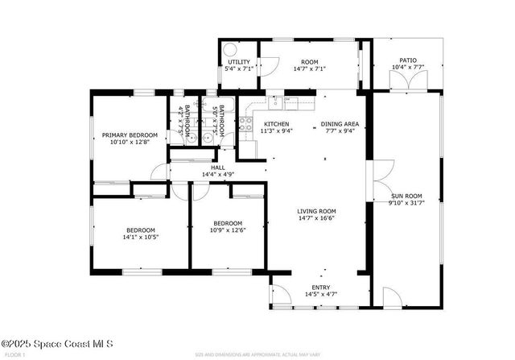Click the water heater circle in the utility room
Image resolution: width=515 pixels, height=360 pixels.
(x=227, y=48)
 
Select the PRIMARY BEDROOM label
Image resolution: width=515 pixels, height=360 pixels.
(x=130, y=134)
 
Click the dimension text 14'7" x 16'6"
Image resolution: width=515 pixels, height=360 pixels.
(x=315, y=217)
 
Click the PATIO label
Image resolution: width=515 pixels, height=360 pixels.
(x=409, y=60)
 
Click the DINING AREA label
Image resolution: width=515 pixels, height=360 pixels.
(x=340, y=123)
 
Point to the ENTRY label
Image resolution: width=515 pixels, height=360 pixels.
(x=321, y=287)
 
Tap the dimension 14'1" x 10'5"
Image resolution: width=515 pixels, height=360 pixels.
(x=140, y=237)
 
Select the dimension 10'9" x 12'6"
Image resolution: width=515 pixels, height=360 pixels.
(x=228, y=231)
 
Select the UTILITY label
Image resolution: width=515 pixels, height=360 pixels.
(x=239, y=62)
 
